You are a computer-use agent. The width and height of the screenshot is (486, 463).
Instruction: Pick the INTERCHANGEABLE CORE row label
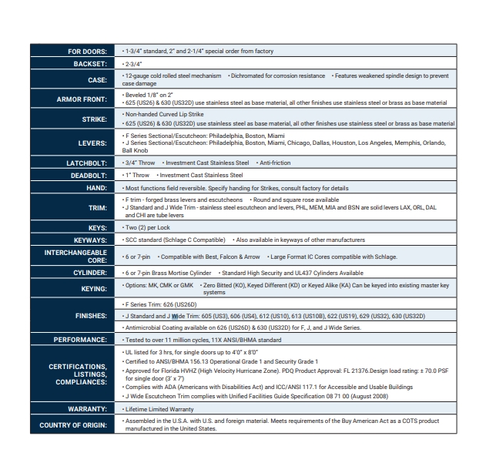(x=75, y=256)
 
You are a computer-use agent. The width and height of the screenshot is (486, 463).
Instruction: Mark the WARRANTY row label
(x=85, y=409)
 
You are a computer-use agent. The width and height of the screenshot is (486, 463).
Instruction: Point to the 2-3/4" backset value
(x=132, y=63)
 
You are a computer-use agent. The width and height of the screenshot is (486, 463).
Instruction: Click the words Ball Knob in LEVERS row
(x=137, y=150)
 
